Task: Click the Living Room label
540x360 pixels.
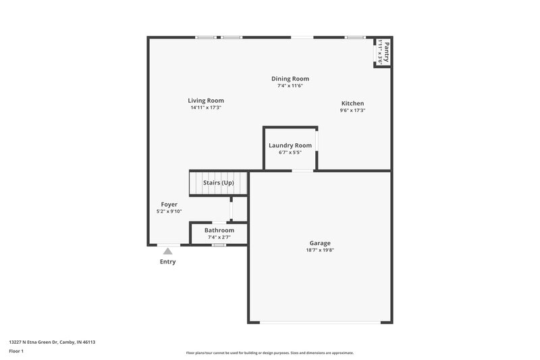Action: (206, 101)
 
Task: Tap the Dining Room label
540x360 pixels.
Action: (290, 79)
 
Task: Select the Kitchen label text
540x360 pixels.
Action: (352, 103)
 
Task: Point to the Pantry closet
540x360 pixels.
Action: (383, 52)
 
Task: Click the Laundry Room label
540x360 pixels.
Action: (290, 145)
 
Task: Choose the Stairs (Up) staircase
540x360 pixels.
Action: (218, 183)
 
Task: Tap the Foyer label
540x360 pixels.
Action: (169, 204)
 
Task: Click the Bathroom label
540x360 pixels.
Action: (219, 230)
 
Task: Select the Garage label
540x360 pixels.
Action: (320, 243)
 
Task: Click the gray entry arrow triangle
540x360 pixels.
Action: (167, 251)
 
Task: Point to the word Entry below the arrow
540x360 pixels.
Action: (167, 262)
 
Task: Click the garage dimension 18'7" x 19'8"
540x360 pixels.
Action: (320, 251)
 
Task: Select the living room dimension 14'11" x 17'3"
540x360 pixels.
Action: (206, 108)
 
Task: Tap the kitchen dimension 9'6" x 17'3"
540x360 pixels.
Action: (352, 111)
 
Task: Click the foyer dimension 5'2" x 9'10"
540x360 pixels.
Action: (169, 211)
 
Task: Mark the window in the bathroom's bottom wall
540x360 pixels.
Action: (219, 245)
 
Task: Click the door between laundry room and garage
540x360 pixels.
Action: (302, 170)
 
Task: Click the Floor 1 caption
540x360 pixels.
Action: (16, 352)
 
